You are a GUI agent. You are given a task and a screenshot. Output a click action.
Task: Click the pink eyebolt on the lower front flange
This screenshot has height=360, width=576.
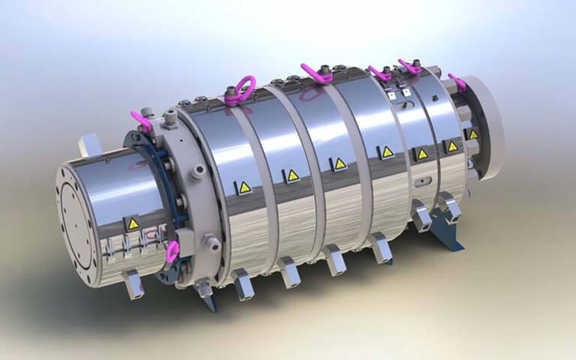tap(172, 252)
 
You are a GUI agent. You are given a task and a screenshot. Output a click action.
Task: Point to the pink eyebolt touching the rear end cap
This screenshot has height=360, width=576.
tap(455, 81)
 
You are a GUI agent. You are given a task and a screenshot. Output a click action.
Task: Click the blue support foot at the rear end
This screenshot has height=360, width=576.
tap(451, 238)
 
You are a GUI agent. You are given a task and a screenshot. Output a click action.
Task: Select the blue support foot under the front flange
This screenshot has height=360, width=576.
tap(208, 300)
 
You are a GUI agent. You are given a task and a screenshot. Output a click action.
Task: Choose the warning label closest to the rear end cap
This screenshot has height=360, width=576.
tap(474, 134)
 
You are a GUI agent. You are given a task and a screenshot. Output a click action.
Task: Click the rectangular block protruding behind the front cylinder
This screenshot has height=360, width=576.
tap(89, 142)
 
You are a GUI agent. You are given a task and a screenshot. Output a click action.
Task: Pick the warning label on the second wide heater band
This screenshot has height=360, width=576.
tap(291, 175)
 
